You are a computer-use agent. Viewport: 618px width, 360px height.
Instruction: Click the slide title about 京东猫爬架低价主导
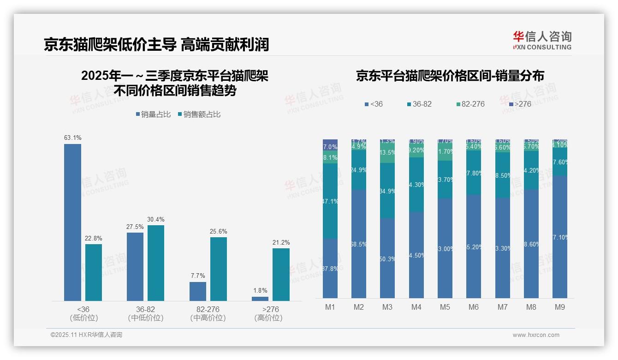pyautogui.click(x=156, y=44)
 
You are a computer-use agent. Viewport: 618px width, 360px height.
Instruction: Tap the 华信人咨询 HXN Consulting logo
pyautogui.click(x=542, y=40)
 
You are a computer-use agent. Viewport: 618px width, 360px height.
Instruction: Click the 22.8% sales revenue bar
pyautogui.click(x=94, y=272)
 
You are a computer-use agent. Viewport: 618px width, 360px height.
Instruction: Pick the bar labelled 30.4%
pyautogui.click(x=156, y=263)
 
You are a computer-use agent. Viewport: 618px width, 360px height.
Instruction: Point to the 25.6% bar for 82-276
pyautogui.click(x=219, y=269)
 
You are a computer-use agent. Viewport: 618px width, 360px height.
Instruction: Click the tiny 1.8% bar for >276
pyautogui.click(x=260, y=299)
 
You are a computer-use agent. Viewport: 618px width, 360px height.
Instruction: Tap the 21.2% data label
pyautogui.click(x=281, y=242)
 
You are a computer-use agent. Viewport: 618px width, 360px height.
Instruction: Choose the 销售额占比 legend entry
pyautogui.click(x=199, y=114)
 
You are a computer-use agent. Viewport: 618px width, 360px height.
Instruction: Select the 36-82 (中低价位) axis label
pyautogui.click(x=145, y=313)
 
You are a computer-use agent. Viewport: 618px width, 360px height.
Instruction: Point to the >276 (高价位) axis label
pyautogui.click(x=268, y=313)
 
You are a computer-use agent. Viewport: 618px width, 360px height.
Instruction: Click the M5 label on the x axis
pyautogui.click(x=445, y=307)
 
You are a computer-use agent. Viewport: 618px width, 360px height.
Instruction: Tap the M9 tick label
pyautogui.click(x=559, y=307)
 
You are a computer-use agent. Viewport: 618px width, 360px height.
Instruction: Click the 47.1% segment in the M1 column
pyautogui.click(x=330, y=201)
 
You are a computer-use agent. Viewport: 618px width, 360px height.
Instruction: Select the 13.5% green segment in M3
pyautogui.click(x=387, y=153)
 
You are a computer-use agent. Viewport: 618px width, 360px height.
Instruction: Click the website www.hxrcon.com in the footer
pyautogui.click(x=536, y=335)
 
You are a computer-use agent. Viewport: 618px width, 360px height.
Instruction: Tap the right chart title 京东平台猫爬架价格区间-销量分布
pyautogui.click(x=450, y=76)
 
